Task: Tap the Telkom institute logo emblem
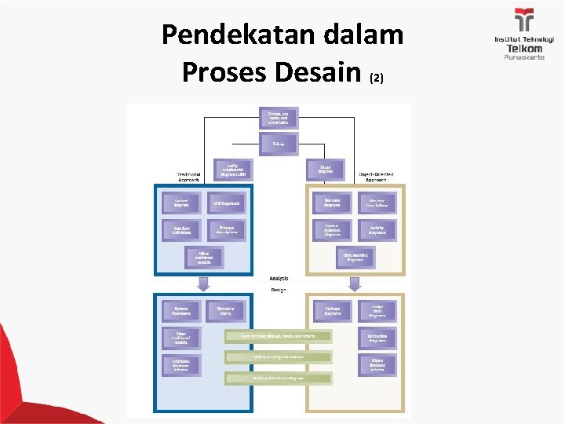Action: (x=523, y=20)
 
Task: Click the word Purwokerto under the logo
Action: (x=523, y=57)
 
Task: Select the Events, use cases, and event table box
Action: (x=279, y=119)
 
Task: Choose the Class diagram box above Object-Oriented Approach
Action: (x=326, y=169)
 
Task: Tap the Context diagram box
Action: (x=181, y=203)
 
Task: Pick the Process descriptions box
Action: (x=227, y=230)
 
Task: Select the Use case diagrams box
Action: (x=332, y=203)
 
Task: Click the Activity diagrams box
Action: (x=377, y=230)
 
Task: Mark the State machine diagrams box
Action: (x=355, y=257)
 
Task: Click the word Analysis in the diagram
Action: (x=279, y=278)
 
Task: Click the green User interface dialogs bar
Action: (x=279, y=336)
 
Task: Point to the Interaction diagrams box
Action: (x=377, y=338)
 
